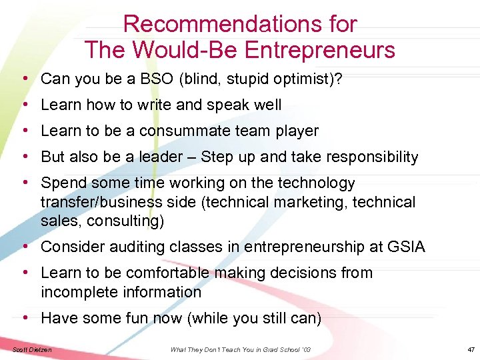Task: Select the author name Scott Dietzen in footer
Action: point(32,349)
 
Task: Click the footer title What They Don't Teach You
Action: point(220,349)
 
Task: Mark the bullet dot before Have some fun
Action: point(25,318)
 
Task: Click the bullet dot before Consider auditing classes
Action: point(25,247)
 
